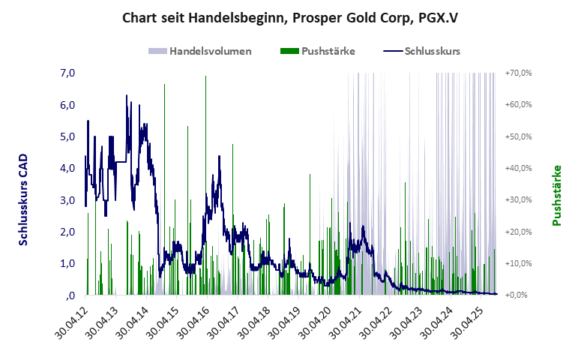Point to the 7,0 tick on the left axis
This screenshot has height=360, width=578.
tap(67, 73)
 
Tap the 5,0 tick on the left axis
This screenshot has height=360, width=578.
tap(67, 136)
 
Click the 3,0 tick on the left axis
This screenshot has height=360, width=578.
tap(67, 200)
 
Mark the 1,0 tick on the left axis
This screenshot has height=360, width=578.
tap(67, 263)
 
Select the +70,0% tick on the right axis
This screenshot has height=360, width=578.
tap(519, 73)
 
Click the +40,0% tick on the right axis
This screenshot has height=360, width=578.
tap(519, 168)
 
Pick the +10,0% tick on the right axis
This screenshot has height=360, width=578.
tap(519, 263)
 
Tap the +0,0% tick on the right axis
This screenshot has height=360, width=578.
tap(520, 295)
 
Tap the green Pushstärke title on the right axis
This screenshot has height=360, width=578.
tap(556, 195)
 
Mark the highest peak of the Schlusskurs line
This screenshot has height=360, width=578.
tap(127, 96)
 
